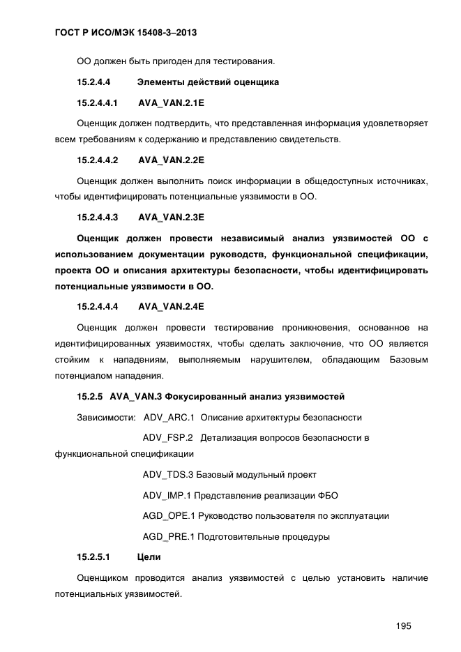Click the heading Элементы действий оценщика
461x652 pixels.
208,82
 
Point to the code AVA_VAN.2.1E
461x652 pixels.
171,103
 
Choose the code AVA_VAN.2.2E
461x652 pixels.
171,160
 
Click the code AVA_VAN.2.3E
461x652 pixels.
171,216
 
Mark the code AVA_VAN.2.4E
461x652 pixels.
171,306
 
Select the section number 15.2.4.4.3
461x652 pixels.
97,216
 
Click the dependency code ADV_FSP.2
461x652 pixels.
167,438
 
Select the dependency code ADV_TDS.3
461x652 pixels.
167,475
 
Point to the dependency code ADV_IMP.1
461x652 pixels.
167,496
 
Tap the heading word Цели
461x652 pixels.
149,557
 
